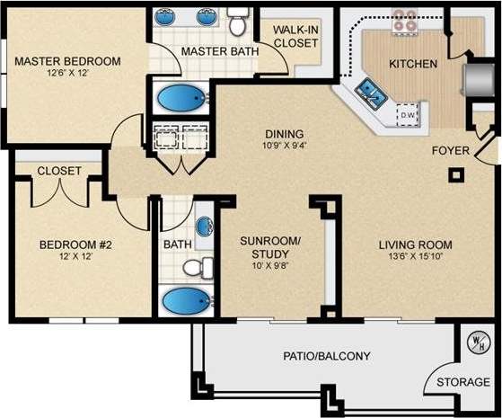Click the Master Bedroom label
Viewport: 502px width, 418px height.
click(66, 61)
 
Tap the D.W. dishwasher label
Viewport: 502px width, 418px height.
click(406, 115)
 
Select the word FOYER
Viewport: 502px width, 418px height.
click(449, 150)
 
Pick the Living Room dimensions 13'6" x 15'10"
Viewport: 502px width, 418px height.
click(414, 258)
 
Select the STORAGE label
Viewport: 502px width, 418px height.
click(463, 383)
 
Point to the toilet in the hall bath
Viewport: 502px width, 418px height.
click(198, 266)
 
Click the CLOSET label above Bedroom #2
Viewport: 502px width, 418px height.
click(59, 171)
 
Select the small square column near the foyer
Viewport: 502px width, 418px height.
click(458, 174)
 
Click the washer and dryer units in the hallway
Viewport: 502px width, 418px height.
click(180, 138)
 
